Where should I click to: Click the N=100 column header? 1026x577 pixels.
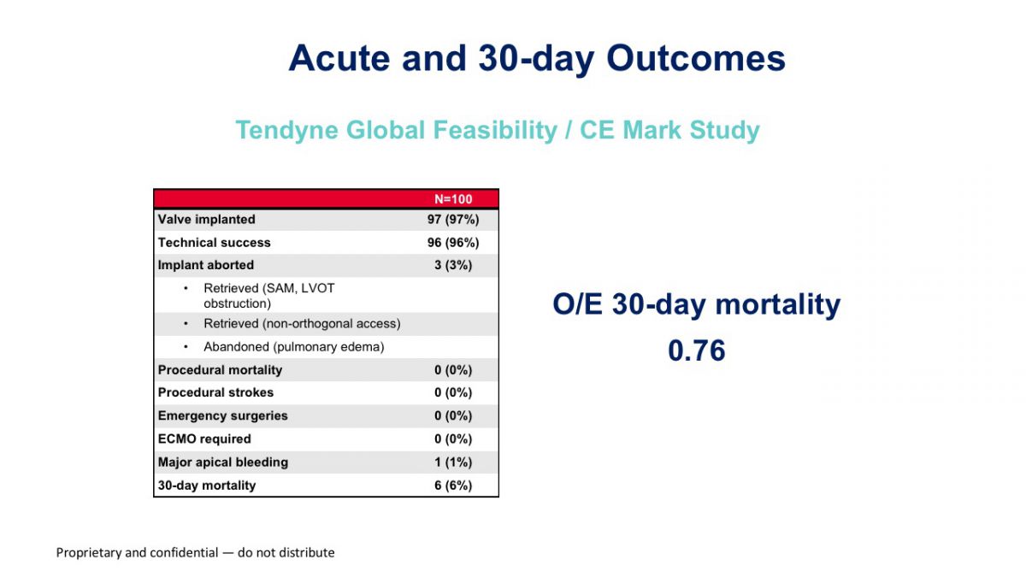point(453,199)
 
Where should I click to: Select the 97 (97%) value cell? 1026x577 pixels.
point(453,220)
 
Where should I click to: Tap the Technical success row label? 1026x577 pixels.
point(214,242)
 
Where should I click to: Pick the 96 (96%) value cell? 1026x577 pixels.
point(453,242)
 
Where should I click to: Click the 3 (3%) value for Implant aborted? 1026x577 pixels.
point(453,265)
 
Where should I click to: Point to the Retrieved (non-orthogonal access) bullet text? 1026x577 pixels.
point(302,324)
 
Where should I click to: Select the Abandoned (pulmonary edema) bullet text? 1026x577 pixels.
point(293,347)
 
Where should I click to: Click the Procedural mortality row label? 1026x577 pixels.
point(220,369)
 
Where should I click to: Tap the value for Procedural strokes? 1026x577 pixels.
point(453,392)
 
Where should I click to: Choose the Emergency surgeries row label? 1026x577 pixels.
point(222,415)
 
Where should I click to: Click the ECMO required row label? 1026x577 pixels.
point(204,439)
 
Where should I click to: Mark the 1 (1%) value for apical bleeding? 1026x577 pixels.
point(453,462)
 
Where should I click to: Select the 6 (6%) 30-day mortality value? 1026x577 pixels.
point(453,485)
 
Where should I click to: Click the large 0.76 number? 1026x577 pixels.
point(697,350)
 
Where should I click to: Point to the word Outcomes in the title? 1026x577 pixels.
point(696,58)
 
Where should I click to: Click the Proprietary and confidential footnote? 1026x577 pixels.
point(195,553)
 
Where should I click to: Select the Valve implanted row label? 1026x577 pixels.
point(207,220)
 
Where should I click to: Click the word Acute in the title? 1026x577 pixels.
point(339,58)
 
